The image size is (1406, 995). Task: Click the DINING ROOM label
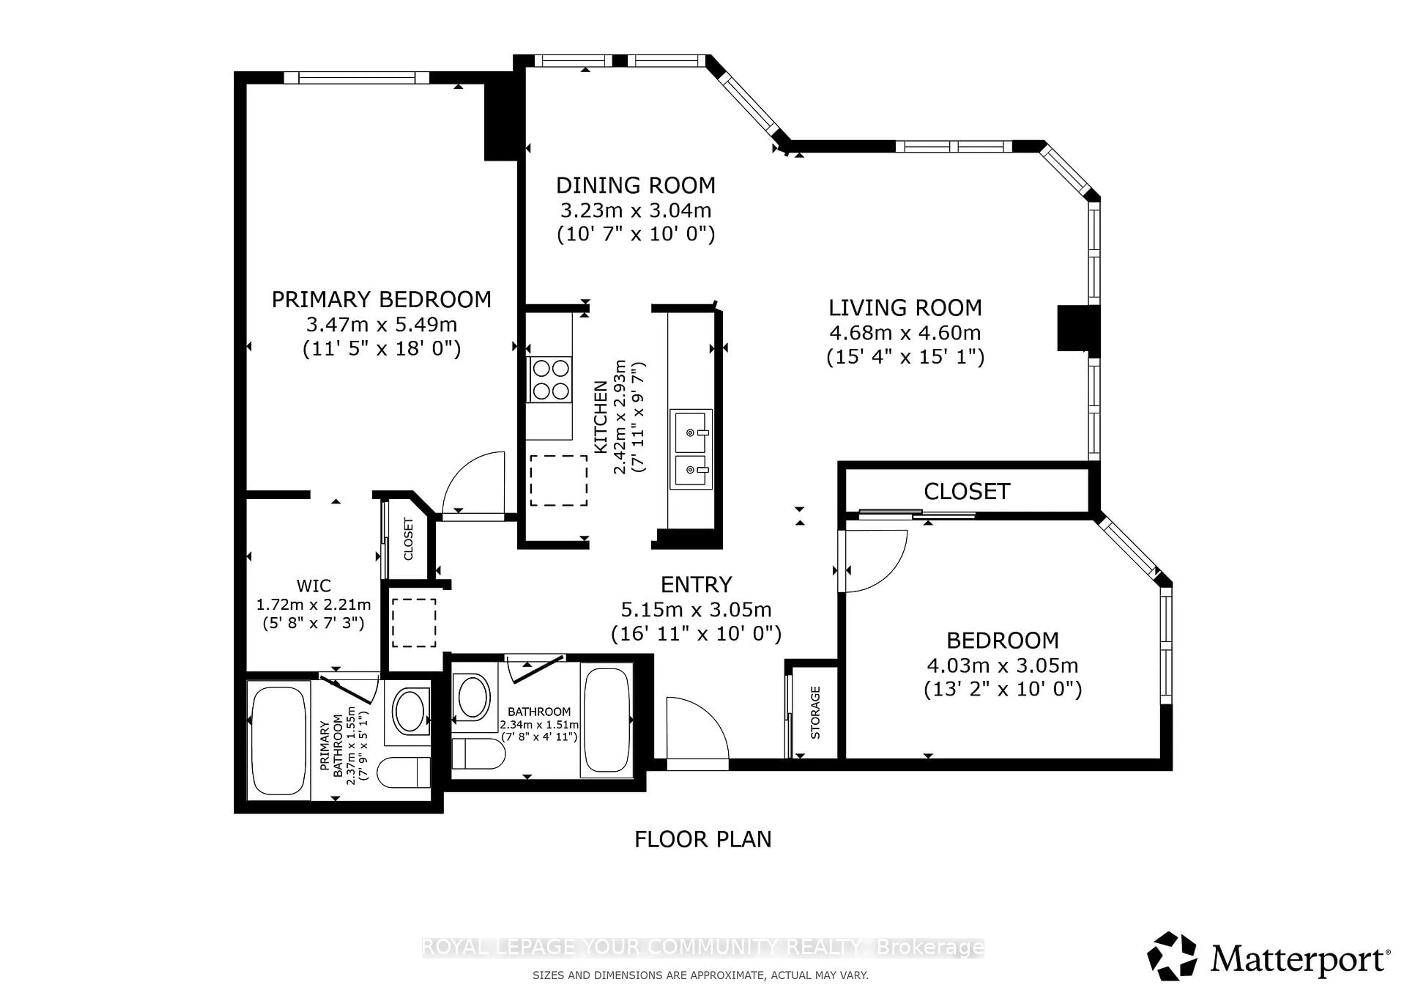[x=636, y=185]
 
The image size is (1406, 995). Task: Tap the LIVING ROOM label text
[x=905, y=308]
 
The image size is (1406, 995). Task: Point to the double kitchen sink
[x=691, y=449]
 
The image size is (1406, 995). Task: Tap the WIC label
[x=313, y=586]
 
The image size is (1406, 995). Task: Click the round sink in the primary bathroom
[x=410, y=712]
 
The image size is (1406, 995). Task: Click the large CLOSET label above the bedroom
[x=966, y=491]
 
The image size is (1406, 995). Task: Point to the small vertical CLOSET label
[x=409, y=539]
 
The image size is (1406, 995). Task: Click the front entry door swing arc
[x=698, y=729]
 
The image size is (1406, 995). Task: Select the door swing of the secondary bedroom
[x=873, y=561]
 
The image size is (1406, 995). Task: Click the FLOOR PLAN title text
[x=702, y=839]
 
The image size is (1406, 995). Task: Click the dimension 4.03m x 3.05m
[x=1003, y=665]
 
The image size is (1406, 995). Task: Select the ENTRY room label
[x=696, y=585]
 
